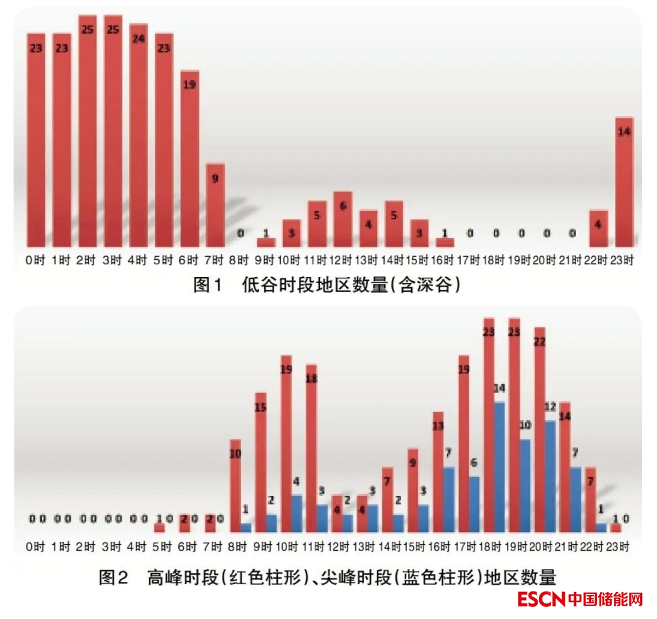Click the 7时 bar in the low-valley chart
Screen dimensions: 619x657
pyautogui.click(x=215, y=205)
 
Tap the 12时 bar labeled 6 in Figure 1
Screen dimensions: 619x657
pyautogui.click(x=343, y=220)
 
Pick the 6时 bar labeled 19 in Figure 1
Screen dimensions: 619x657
pyautogui.click(x=190, y=158)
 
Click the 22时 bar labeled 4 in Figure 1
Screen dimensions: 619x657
pyautogui.click(x=598, y=229)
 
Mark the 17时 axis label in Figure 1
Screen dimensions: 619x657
pyautogui.click(x=470, y=261)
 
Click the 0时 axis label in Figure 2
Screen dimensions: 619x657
pyautogui.click(x=35, y=547)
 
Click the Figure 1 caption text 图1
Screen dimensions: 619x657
pyautogui.click(x=207, y=285)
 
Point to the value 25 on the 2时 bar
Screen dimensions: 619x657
pyautogui.click(x=87, y=29)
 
